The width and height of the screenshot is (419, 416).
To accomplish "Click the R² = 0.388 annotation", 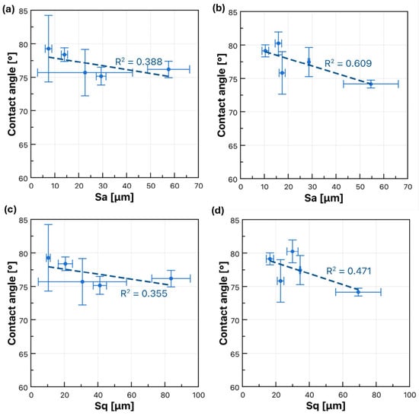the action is [x=139, y=62].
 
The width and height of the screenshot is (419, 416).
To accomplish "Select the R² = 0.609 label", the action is [x=348, y=63].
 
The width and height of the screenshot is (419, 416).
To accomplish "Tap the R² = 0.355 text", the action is [x=144, y=294].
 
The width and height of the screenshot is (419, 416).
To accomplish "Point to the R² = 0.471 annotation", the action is [x=349, y=271].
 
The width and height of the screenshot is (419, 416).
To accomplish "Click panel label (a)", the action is [x=8, y=10].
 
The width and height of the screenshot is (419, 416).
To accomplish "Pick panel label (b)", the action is [x=219, y=8].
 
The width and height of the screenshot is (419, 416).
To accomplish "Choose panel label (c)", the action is [x=10, y=209].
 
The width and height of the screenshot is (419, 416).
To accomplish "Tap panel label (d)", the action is [x=218, y=211].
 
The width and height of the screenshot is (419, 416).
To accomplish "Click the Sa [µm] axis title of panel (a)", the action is [x=114, y=197].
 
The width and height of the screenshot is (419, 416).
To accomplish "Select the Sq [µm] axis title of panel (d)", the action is [x=325, y=406].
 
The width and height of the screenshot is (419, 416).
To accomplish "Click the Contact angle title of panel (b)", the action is [x=222, y=95].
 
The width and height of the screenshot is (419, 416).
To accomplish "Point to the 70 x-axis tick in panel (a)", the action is [x=199, y=186].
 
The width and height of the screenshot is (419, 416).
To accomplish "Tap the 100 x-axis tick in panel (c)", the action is [x=198, y=395].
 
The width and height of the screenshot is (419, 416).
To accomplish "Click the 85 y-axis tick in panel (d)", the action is [x=234, y=221].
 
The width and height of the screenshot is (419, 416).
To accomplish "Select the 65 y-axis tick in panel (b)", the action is [x=232, y=146].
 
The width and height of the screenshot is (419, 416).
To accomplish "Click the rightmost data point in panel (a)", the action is [x=168, y=69].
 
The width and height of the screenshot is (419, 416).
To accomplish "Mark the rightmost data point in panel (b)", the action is [x=371, y=84].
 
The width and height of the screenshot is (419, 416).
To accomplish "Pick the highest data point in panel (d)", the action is [x=293, y=252].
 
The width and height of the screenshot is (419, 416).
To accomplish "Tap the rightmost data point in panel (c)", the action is [x=171, y=278].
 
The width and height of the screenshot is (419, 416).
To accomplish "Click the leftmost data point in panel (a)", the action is [x=48, y=49].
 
